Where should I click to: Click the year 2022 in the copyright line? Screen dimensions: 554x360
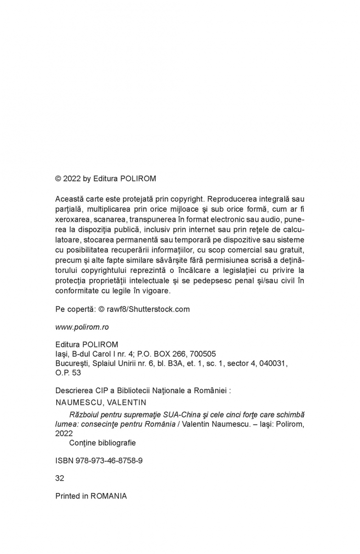pos(72,178)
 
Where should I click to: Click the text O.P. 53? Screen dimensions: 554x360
pos(68,373)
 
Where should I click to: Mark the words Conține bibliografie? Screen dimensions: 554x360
pos(102,443)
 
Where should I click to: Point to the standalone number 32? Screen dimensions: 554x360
pos(59,478)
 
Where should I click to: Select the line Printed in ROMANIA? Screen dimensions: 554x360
pos(91,496)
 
